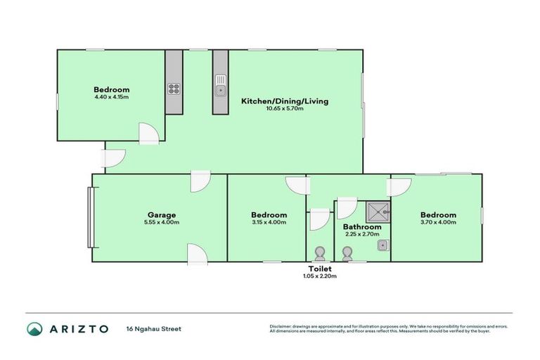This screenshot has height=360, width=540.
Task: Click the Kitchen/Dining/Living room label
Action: point(285,101)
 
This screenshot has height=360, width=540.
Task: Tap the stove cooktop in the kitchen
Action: point(173,89)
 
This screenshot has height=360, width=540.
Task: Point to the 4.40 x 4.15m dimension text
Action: point(112,97)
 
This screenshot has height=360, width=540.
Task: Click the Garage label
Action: point(161,215)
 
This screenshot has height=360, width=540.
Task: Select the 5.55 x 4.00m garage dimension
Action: point(161,223)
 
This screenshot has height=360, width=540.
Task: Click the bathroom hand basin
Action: point(382,245)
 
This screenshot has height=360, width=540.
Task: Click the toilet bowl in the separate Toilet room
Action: point(320,253)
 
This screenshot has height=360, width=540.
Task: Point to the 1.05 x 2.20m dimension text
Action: point(320,276)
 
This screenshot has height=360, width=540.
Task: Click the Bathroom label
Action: point(362,227)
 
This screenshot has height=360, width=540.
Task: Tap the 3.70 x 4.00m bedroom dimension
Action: point(438,222)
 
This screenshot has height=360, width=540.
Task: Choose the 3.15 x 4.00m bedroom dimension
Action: point(269,222)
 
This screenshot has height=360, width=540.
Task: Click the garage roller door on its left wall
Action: point(89,217)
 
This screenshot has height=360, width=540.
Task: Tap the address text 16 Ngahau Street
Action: point(150,328)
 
